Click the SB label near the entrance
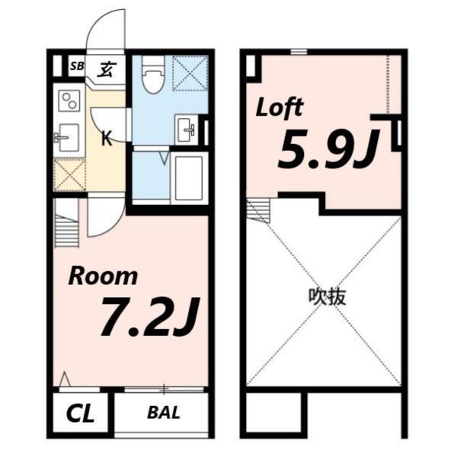[x=75, y=66]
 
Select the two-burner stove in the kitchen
[x=69, y=101]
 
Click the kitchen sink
[x=67, y=138]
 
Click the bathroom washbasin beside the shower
[x=187, y=129]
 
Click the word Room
[x=103, y=276]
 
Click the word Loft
[x=280, y=107]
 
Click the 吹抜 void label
[x=327, y=296]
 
